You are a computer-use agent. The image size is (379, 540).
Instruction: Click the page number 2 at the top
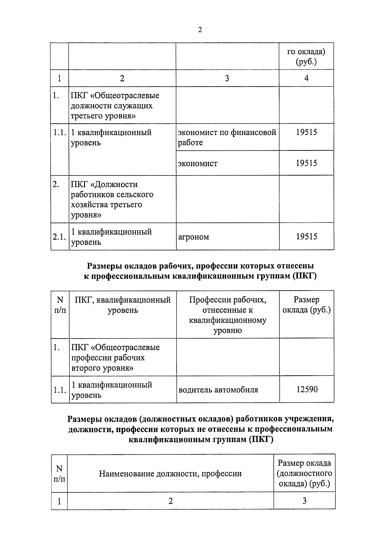click(200, 30)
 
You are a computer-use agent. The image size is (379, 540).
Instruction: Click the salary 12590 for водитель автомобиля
click(307, 389)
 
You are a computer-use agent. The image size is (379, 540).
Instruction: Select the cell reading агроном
click(193, 237)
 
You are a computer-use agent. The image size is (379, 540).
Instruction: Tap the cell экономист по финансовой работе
click(227, 137)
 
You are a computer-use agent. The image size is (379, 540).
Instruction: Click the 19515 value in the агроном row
click(306, 236)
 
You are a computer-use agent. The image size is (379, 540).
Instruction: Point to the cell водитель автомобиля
click(218, 390)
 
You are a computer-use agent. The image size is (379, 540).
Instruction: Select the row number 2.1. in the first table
click(59, 237)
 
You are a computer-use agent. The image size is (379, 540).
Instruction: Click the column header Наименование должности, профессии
click(170, 473)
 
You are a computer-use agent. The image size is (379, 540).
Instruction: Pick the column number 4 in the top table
click(306, 78)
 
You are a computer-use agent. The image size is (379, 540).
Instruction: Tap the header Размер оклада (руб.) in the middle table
click(306, 304)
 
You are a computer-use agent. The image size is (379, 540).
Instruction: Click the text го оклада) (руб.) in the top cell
click(306, 56)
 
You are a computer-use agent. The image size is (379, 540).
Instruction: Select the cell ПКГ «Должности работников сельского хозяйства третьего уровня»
click(112, 199)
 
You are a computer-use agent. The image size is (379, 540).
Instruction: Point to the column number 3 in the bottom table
click(304, 500)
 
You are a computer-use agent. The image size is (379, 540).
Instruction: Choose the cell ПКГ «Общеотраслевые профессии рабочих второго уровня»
click(115, 358)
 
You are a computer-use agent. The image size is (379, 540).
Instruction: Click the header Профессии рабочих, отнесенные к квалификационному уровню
click(227, 315)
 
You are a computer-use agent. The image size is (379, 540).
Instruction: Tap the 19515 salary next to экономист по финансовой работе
click(306, 132)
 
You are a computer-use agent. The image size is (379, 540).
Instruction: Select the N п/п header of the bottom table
click(59, 473)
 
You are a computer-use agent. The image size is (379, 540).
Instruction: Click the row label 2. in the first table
click(56, 184)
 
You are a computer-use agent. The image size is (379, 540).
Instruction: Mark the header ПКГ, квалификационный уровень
click(123, 304)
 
